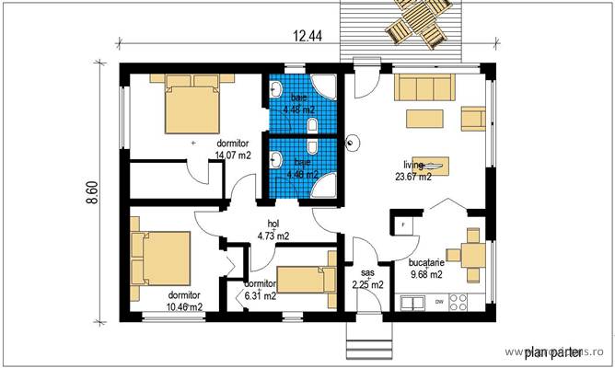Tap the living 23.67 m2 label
tap(413, 171)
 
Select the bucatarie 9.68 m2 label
tap(426, 268)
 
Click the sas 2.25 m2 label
tap(367, 279)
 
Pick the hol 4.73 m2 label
tap(273, 230)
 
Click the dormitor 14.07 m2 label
tap(233, 150)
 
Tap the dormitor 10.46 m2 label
tap(184, 301)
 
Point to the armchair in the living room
tap(473, 118)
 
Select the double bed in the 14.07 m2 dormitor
tap(193, 106)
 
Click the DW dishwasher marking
tap(439, 302)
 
